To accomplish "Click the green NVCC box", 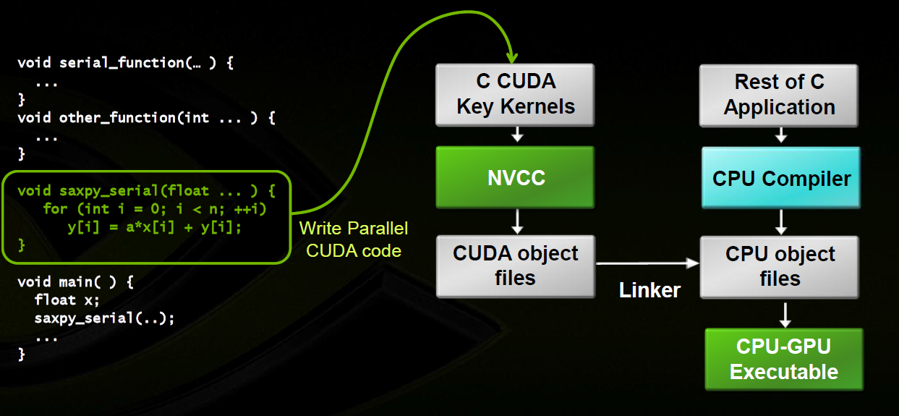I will [515, 178].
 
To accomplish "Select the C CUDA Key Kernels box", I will [515, 94].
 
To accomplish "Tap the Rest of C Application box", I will [779, 94].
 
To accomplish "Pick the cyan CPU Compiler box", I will [781, 178].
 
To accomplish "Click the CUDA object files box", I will [515, 266].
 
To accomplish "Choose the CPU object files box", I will [780, 266].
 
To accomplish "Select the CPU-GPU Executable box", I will [784, 360].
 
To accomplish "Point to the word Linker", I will [649, 290].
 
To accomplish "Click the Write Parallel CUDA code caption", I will [354, 239].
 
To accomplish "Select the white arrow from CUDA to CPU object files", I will [647, 264].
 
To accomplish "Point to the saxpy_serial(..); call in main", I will [104, 318].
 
